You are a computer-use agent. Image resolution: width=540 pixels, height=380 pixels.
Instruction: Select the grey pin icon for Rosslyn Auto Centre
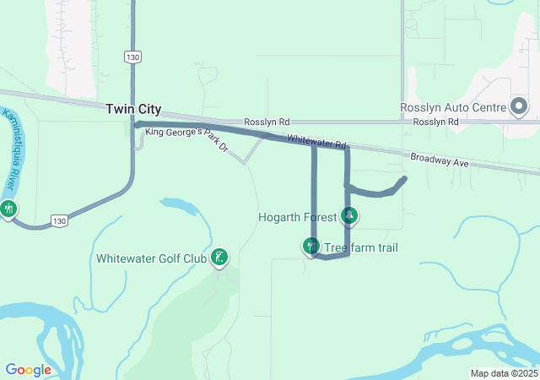[x=518, y=107]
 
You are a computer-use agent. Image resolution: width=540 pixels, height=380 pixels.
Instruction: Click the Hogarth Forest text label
[x=297, y=217]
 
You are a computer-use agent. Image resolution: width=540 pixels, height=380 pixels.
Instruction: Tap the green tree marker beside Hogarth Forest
[x=349, y=217]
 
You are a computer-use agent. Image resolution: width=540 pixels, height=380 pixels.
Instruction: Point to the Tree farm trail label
[x=361, y=247]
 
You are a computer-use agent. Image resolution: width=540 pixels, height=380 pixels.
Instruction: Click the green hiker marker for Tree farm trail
[x=311, y=246]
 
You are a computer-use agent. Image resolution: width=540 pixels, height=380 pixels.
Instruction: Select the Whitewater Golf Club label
[x=151, y=258]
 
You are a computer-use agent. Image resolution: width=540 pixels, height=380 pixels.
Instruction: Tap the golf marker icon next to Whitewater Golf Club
[x=219, y=258]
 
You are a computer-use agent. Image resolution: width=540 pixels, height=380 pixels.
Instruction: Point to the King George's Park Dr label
[x=186, y=137]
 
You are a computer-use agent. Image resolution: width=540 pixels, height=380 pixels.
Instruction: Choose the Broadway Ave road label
[x=439, y=160]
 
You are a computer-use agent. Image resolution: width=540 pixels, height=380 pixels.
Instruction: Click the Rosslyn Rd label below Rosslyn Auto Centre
[x=435, y=122]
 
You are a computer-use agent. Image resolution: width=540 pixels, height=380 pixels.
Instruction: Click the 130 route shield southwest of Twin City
[x=58, y=220]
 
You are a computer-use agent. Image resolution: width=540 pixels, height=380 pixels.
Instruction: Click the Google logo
[x=28, y=370]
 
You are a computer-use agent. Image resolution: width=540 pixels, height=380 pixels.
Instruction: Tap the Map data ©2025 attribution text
[x=504, y=373]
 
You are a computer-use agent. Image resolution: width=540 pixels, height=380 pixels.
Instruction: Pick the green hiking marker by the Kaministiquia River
[x=8, y=207]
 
